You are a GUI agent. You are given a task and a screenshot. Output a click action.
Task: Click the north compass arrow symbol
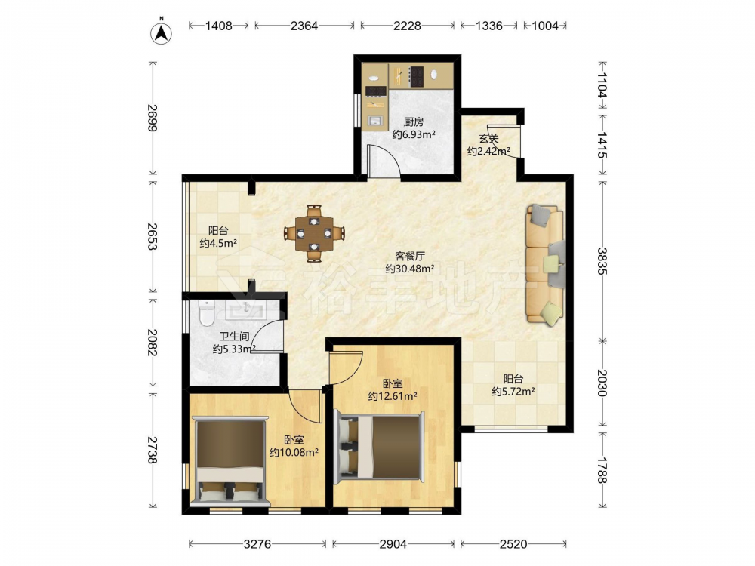tap(162, 32)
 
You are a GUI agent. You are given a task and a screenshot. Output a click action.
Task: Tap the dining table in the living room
tap(314, 233)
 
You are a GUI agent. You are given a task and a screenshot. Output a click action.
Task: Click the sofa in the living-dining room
tap(545, 263)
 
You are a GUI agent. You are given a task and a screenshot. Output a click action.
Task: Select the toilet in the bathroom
tap(207, 313)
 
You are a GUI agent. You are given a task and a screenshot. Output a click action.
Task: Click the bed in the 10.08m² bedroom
tap(230, 463)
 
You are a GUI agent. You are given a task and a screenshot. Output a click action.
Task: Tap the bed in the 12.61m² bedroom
tap(380, 448)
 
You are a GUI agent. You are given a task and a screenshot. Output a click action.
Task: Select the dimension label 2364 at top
tap(304, 26)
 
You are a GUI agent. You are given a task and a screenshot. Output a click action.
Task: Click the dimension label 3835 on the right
tap(602, 261)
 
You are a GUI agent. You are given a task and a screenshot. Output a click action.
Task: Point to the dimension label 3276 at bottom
tap(257, 544)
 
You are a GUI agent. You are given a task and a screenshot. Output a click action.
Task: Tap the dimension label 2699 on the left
tap(153, 118)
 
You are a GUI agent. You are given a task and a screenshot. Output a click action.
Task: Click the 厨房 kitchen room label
tap(414, 122)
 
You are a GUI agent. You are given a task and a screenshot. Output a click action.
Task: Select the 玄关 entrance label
tap(488, 139)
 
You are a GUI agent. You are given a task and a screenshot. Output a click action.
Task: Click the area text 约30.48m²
tap(410, 269)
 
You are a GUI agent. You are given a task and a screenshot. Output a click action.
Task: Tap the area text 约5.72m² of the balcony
tap(513, 392)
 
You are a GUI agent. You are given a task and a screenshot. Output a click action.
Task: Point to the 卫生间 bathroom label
tap(234, 337)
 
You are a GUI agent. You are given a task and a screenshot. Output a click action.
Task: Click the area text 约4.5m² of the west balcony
tap(218, 243)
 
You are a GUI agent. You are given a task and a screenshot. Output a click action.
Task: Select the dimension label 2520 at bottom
tap(513, 544)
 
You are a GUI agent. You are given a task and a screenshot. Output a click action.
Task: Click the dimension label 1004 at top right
tap(545, 26)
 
